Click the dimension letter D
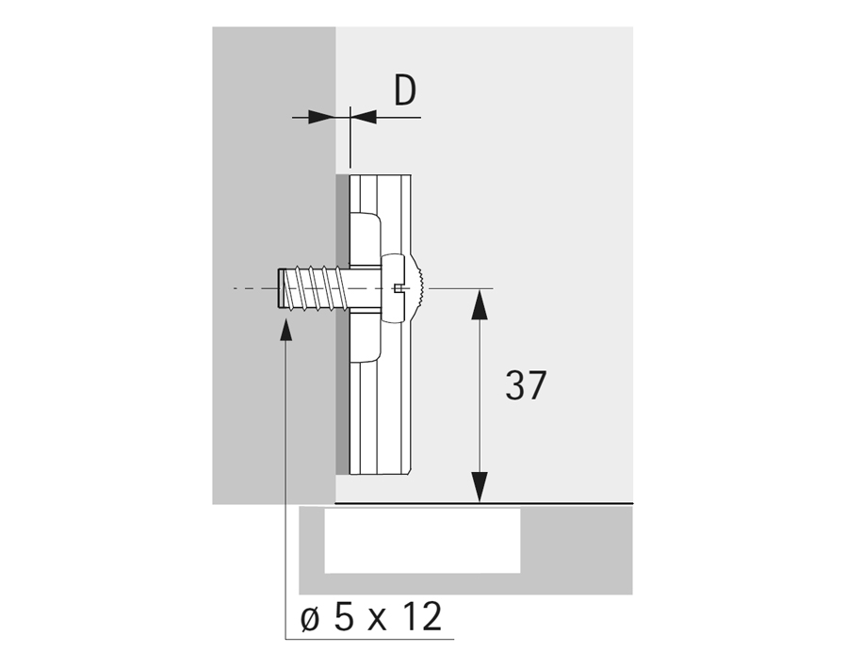[405, 90]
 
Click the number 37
[526, 385]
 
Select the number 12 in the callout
[423, 616]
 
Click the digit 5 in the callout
[344, 616]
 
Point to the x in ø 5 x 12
[378, 621]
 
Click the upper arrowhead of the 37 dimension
[480, 304]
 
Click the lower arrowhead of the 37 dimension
[480, 487]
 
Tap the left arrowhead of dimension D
[322, 117]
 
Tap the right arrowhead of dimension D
[363, 117]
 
